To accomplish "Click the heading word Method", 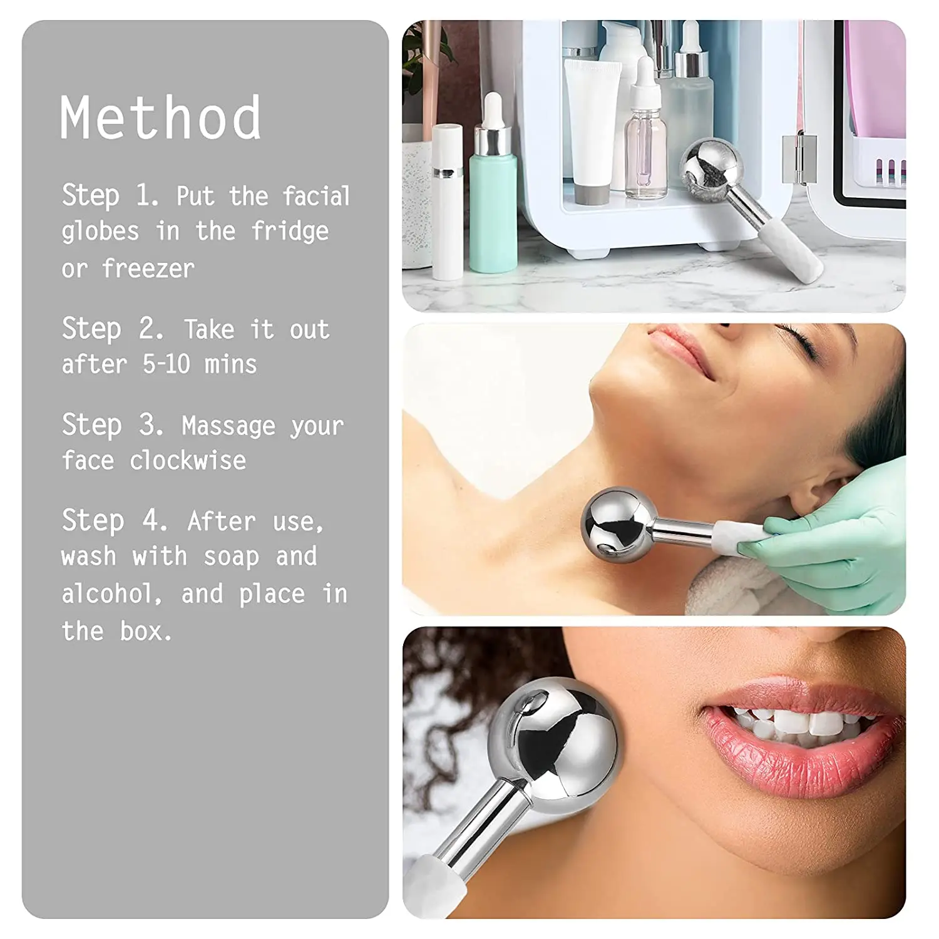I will tap(160, 118).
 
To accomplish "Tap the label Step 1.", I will tap(110, 196).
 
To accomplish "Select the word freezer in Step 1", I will tap(148, 269).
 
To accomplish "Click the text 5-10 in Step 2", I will tap(166, 364).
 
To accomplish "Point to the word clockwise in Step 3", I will tap(188, 461).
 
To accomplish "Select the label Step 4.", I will tap(114, 521).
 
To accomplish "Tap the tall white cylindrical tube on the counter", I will tap(448, 200).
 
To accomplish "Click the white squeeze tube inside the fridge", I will tap(591, 125).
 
